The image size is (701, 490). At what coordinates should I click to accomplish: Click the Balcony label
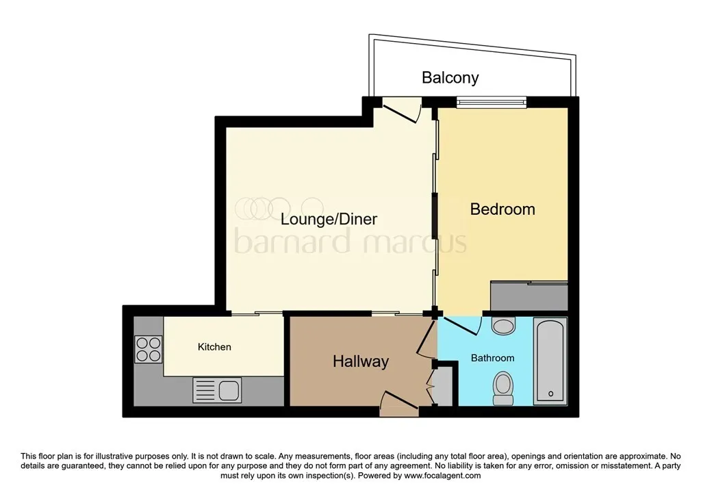click(450, 78)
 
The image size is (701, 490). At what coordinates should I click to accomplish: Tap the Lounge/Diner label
click(329, 219)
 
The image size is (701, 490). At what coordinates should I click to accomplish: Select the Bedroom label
click(502, 209)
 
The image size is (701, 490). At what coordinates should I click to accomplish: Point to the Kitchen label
click(214, 347)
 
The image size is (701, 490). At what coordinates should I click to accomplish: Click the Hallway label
click(361, 361)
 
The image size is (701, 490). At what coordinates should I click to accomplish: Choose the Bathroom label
click(493, 358)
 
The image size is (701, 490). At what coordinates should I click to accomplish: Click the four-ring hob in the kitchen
click(149, 349)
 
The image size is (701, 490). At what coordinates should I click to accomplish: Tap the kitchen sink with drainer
click(217, 390)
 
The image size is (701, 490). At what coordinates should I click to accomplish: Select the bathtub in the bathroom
click(550, 362)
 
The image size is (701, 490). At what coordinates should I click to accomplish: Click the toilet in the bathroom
click(503, 388)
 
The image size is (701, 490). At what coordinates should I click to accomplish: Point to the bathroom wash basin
click(503, 326)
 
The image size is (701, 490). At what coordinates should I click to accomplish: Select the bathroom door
click(460, 326)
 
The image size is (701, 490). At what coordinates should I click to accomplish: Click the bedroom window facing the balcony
click(492, 103)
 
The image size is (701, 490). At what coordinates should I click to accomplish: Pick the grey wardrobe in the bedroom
click(529, 296)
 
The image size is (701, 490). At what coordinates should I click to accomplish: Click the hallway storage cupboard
click(443, 386)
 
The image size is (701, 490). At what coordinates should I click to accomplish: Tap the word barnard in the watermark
click(292, 242)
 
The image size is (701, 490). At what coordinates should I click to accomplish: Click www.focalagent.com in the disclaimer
click(442, 476)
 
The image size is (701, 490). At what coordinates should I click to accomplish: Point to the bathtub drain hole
click(550, 394)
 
